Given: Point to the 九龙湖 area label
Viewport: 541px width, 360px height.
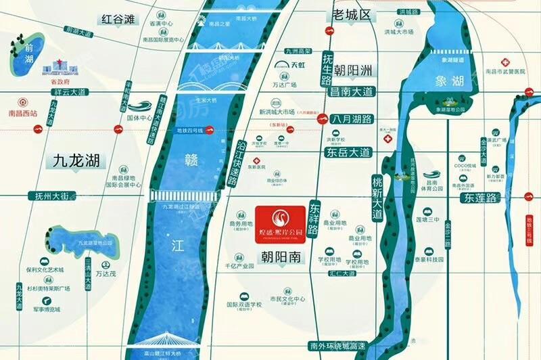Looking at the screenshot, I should point(76,160).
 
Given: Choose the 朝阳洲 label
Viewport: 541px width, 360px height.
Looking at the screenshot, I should point(360,70).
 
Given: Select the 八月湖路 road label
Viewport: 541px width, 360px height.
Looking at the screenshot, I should point(352,118).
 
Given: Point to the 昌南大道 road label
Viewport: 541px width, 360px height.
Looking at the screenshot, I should point(352,91).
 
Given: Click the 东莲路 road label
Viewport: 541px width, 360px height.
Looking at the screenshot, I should point(480,198).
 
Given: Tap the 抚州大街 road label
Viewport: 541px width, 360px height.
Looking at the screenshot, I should point(48,196).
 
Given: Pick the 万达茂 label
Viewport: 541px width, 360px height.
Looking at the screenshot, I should point(106,274).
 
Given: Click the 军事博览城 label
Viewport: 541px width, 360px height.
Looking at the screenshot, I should point(46,309).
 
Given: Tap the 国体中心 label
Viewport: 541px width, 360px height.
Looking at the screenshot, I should point(140,117).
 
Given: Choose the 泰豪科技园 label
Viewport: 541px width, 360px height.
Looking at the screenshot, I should point(429,258).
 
